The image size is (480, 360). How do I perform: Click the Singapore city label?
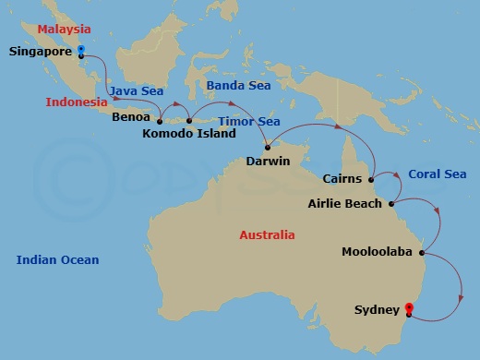click(x=41, y=52)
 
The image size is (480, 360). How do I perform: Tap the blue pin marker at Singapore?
click(x=81, y=50)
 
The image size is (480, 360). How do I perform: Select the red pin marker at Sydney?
click(x=409, y=311)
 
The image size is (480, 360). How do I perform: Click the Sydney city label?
click(x=377, y=311)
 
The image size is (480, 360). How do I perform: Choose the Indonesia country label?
click(x=77, y=102)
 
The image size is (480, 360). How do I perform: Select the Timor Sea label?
click(x=249, y=120)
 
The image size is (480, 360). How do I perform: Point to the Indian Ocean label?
click(x=57, y=260)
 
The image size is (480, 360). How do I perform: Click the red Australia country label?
click(x=267, y=235)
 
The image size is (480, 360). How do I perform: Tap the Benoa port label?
click(x=130, y=118)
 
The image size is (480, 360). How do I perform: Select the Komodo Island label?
click(x=188, y=134)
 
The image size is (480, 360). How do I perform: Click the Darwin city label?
click(x=269, y=162)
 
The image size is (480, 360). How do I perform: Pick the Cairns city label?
click(x=344, y=179)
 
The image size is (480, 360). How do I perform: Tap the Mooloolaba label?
click(x=377, y=251)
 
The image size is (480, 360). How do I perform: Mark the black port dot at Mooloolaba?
click(x=422, y=251)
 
